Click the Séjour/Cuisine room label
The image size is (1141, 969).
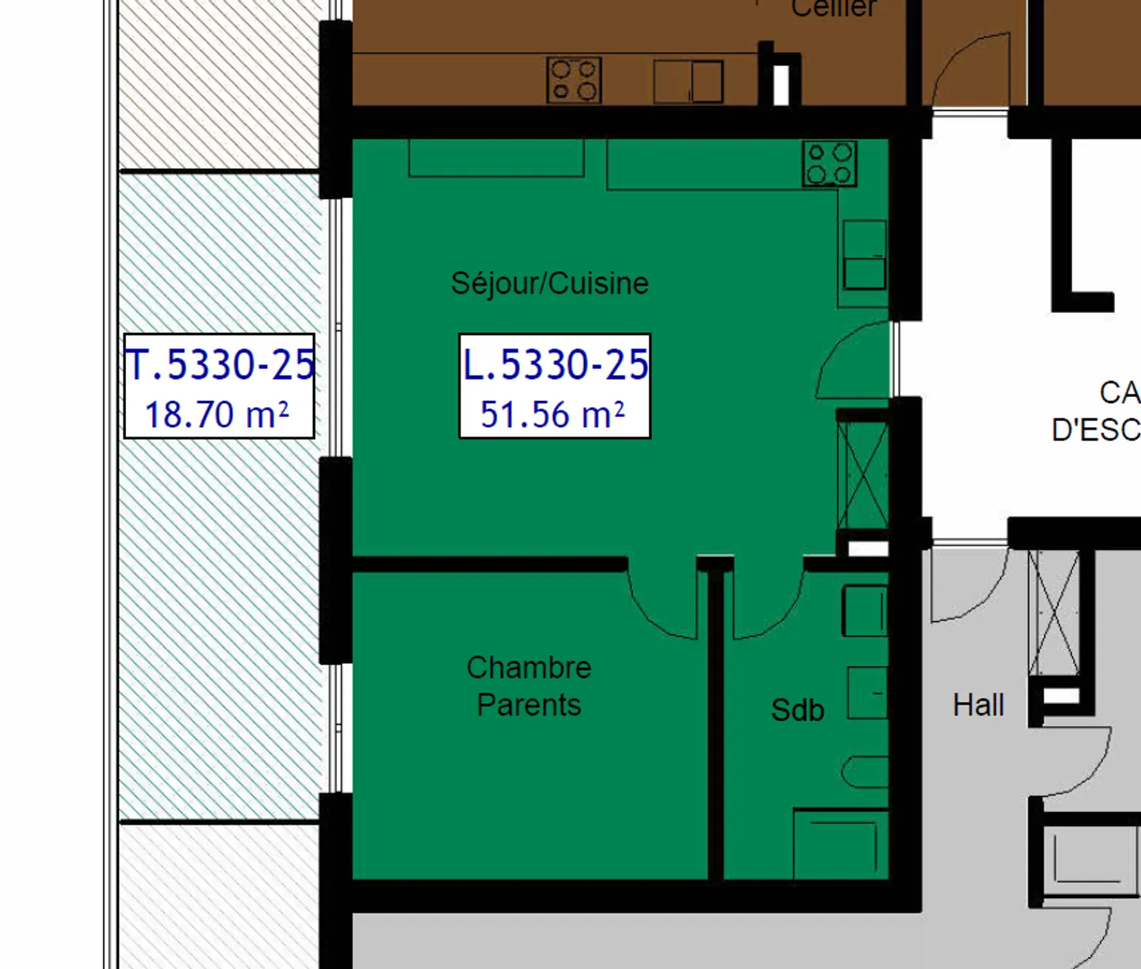[550, 283]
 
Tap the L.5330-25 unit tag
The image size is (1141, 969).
[555, 364]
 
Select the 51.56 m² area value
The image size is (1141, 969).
[552, 414]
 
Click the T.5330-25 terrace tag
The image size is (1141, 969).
[220, 364]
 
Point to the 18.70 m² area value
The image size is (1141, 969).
[216, 414]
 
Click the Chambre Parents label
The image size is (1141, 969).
[529, 686]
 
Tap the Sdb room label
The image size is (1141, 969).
[797, 710]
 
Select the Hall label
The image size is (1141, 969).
[978, 705]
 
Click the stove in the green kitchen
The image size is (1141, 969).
[830, 163]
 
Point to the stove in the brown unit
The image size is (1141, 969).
[574, 80]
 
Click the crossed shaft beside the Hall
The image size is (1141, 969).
[1055, 612]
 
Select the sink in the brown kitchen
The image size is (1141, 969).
[688, 82]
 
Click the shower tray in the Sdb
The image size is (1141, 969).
[841, 845]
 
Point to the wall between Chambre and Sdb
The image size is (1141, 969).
[716, 721]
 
